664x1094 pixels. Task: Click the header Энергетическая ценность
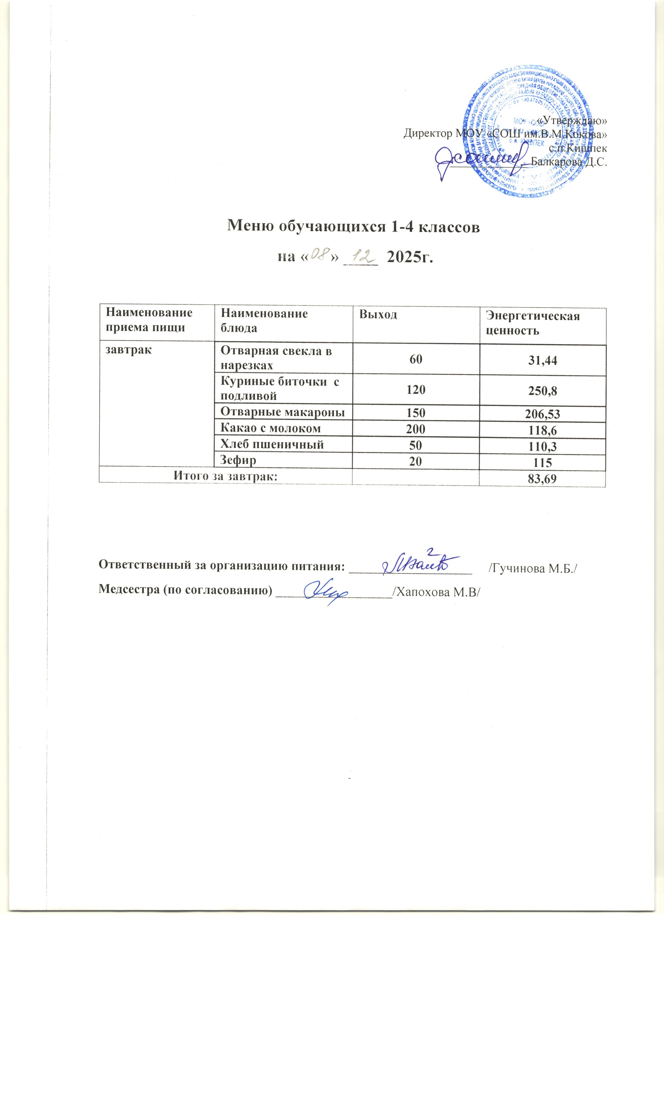coord(532,323)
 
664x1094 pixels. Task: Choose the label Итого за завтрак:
coord(225,476)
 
